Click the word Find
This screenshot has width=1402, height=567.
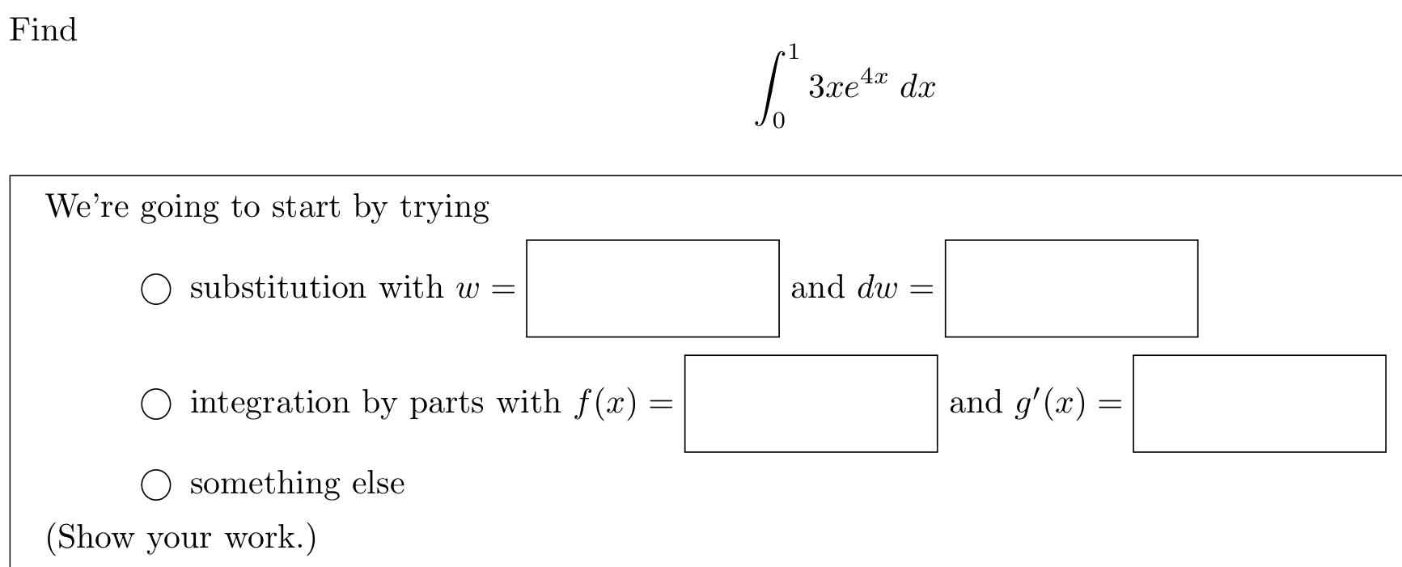[43, 31]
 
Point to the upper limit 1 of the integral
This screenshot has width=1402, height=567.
[794, 53]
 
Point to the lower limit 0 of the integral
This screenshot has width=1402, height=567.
[777, 121]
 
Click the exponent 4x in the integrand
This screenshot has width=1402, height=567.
[874, 76]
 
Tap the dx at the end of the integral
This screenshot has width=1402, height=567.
[917, 87]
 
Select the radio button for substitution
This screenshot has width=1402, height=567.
[156, 289]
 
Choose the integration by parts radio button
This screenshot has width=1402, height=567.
[156, 404]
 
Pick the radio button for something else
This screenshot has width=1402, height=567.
[156, 484]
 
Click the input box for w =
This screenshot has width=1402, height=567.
[652, 289]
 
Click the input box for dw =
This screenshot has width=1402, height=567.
[1071, 289]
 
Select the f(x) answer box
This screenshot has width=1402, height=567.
[811, 404]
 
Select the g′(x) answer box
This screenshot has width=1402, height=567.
[1259, 404]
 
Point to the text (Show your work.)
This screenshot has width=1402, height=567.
[180, 537]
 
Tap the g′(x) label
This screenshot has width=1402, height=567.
[1050, 403]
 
